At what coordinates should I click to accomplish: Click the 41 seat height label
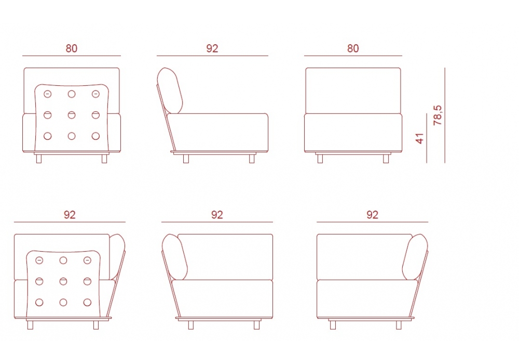pos(419,138)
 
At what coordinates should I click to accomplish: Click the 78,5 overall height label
pos(438,115)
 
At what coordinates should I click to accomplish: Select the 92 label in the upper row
pos(212,48)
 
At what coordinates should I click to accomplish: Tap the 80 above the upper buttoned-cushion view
pos(72,48)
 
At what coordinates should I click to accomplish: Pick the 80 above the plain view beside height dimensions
pos(353,48)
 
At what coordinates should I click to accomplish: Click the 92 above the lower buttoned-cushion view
pos(70,215)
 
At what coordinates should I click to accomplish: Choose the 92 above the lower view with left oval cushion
pos(217,215)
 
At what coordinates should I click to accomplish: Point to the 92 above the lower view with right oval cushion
pos(372,215)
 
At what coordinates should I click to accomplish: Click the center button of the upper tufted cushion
pos(72,115)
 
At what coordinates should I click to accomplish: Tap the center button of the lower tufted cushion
pos(63,281)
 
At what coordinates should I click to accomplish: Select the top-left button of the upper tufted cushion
pos(48,94)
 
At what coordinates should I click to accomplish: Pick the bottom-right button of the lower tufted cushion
pos(87,302)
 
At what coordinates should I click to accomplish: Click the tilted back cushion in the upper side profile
pos(170,90)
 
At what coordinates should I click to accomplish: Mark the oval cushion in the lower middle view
pos(175,257)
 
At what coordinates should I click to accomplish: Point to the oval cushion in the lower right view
pos(415,257)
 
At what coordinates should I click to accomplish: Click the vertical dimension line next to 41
pos(427,138)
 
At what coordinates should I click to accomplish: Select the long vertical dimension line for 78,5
pos(445,115)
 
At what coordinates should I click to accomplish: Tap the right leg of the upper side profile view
pos(252,159)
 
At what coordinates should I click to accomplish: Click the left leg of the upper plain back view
pos(320,159)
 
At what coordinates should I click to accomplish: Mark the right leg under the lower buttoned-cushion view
pos(96,325)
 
